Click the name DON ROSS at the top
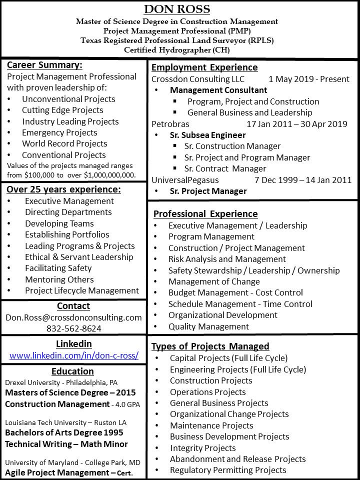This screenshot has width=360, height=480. tap(177, 9)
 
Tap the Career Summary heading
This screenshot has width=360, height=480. tap(44, 65)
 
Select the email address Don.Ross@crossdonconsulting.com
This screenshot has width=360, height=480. tap(73, 317)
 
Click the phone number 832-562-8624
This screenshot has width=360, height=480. tap(73, 328)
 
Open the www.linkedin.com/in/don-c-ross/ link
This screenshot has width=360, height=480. tap(73, 356)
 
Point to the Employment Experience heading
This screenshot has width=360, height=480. tap(204, 67)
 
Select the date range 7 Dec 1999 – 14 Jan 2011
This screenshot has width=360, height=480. tap(303, 180)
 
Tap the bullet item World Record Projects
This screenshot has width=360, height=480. tap(64, 143)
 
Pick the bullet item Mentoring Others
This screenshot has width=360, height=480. tap(59, 279)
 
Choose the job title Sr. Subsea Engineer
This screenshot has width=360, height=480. tap(207, 135)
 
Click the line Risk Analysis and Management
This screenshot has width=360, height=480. tap(227, 259)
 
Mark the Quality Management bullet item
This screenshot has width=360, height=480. tap(208, 326)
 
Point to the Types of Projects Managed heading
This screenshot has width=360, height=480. tap(210, 346)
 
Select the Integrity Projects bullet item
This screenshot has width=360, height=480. tap(202, 448)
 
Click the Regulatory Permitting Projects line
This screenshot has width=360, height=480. tap(228, 470)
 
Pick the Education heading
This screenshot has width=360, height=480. tap(72, 371)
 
